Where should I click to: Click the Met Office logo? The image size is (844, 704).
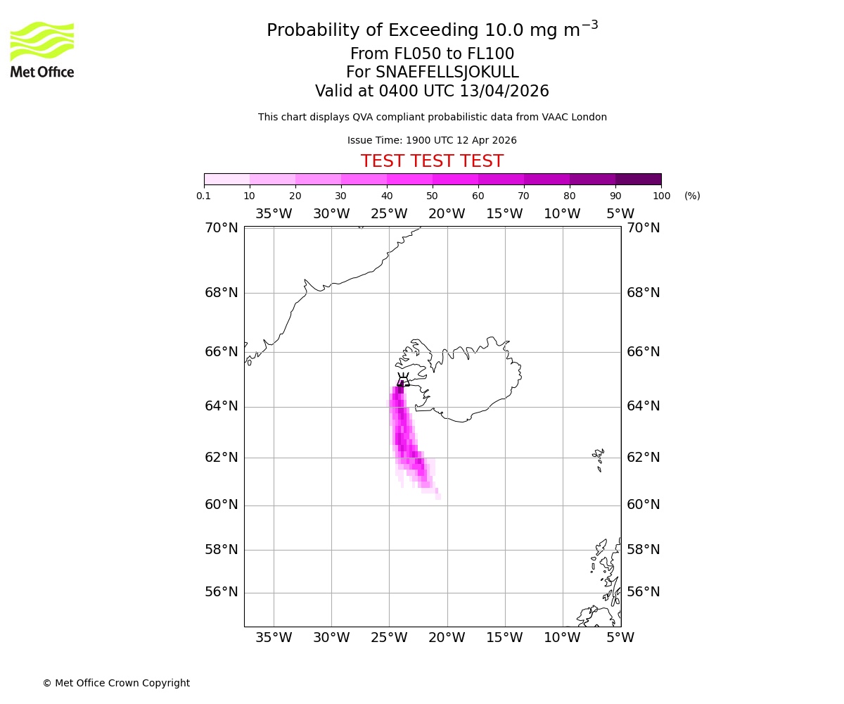coord(42,49)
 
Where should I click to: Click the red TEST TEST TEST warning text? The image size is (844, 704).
coord(432,161)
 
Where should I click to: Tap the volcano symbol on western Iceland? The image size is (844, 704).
coord(403,381)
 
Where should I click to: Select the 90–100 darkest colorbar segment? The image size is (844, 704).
coord(638,179)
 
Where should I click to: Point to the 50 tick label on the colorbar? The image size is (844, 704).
coord(432,196)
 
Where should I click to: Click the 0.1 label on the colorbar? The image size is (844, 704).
coord(204,196)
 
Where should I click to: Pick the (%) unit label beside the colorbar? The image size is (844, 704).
coord(692,196)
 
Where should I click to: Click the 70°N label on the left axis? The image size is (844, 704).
coord(222,228)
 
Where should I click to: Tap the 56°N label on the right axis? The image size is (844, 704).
coord(644,592)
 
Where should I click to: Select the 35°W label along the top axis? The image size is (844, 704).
coord(274,214)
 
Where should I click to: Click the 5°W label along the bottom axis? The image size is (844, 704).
coord(620,638)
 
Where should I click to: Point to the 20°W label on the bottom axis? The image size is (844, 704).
coord(447,638)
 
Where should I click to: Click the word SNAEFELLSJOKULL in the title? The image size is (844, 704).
coord(447,73)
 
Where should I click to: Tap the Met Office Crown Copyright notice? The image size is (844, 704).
coord(116,683)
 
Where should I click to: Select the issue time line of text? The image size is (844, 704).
coord(432,140)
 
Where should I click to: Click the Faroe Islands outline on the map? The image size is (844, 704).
coord(599,459)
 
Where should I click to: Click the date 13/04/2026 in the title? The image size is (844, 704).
coord(504,92)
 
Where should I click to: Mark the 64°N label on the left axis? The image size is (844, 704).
coord(222,406)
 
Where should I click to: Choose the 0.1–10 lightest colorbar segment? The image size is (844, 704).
coord(226,179)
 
